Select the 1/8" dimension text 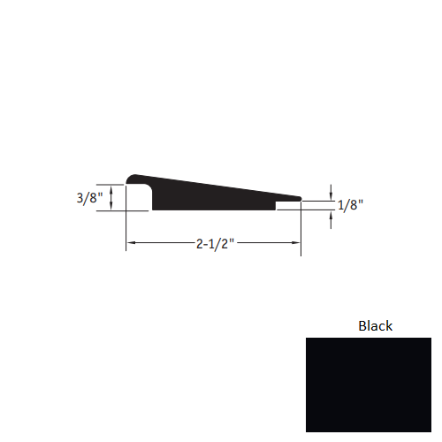(x=350, y=205)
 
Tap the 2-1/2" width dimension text (x=214, y=242)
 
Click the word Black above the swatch (x=375, y=325)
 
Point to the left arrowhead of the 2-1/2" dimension (x=129, y=242)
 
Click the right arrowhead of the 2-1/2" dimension (x=298, y=242)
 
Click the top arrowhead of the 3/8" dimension (x=112, y=187)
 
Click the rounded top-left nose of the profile (x=132, y=179)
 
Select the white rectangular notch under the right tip (x=287, y=206)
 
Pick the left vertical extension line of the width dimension (x=126, y=230)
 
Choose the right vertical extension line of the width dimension (x=301, y=230)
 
